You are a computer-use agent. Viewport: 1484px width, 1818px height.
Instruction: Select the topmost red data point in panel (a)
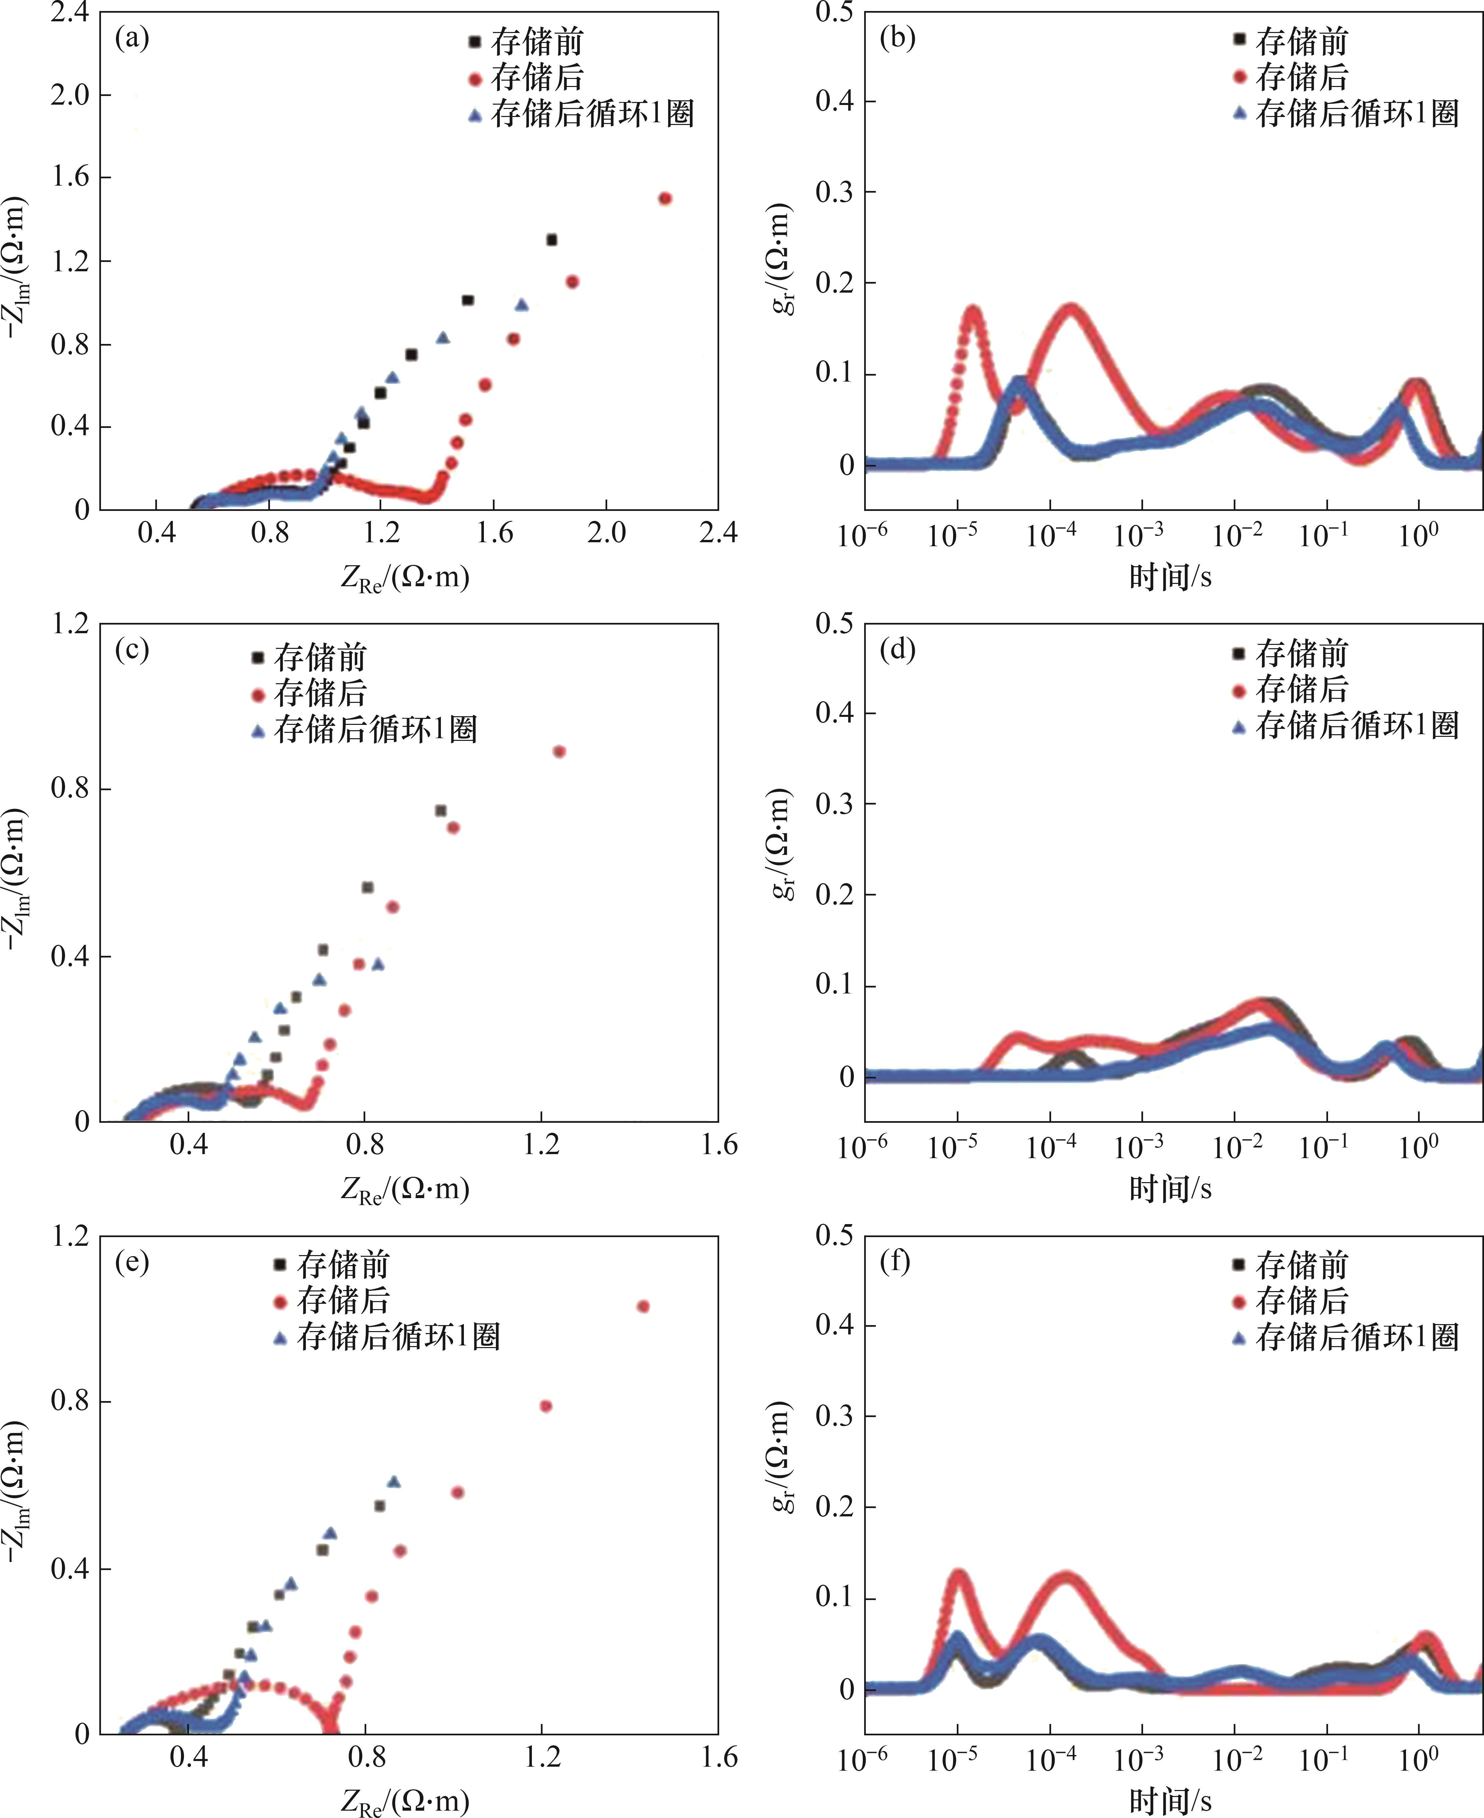(665, 198)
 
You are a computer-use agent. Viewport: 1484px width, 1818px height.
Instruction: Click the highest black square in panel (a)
(551, 239)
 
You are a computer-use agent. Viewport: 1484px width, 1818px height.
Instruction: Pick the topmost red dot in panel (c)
(559, 751)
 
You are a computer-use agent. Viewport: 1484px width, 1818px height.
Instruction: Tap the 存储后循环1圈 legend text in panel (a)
(592, 114)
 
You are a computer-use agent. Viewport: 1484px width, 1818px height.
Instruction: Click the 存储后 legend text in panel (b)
(1301, 77)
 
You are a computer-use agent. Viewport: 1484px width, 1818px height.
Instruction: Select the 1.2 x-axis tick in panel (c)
(541, 1143)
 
